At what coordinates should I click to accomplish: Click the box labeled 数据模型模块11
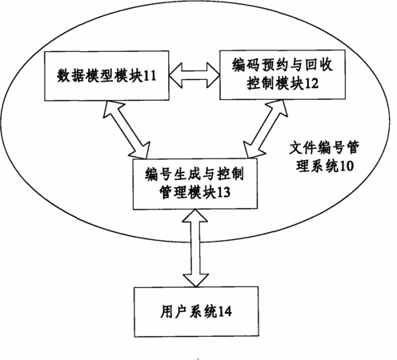click(x=106, y=76)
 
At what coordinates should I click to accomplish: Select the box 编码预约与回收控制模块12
click(x=283, y=74)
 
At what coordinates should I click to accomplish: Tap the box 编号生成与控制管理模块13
click(x=195, y=184)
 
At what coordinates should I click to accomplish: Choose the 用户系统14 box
click(x=196, y=312)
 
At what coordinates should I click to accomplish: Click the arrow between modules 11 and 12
click(x=194, y=75)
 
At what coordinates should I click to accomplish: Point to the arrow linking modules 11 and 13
click(x=126, y=129)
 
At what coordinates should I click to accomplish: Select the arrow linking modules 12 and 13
click(x=266, y=129)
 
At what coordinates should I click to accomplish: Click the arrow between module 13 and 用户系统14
click(x=195, y=248)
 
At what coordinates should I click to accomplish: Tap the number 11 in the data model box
click(x=150, y=76)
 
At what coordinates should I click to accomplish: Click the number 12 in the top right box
click(x=312, y=84)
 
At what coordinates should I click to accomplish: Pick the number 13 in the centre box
click(x=223, y=192)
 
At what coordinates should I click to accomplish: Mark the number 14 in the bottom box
click(x=225, y=312)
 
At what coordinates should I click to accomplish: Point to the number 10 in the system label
click(x=347, y=166)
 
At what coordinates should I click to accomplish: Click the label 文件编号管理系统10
click(x=324, y=157)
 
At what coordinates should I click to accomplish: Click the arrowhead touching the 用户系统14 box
click(x=195, y=281)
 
